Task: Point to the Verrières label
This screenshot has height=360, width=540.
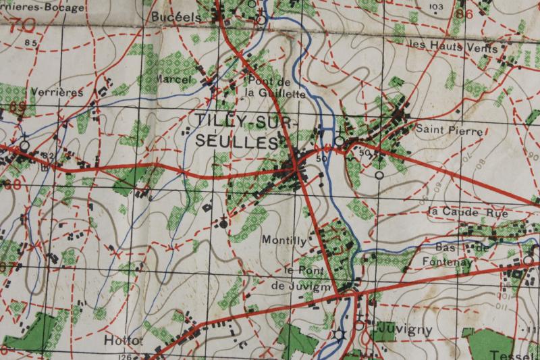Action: (x=56, y=92)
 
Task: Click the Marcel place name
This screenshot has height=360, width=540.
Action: (x=173, y=80)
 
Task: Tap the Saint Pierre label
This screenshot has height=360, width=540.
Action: (x=449, y=131)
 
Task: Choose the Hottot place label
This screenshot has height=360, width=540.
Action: (x=124, y=340)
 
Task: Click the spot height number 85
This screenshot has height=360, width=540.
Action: (x=30, y=43)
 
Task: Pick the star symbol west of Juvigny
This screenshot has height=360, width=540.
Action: (x=339, y=334)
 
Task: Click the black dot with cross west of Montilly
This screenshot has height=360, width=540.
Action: (x=224, y=222)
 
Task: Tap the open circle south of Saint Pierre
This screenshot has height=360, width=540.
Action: (x=379, y=175)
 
